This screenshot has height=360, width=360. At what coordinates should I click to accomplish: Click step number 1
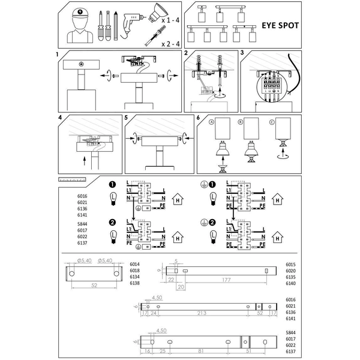pyautogui.click(x=57, y=54)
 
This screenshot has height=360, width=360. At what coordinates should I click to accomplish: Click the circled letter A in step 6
pyautogui.click(x=211, y=122)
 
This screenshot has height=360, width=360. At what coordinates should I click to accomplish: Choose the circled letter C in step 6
pyautogui.click(x=272, y=122)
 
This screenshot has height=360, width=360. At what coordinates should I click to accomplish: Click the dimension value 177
pyautogui.click(x=225, y=280)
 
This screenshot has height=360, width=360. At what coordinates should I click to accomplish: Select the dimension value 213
pyautogui.click(x=201, y=313)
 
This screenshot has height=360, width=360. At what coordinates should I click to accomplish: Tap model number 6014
pyautogui.click(x=134, y=264)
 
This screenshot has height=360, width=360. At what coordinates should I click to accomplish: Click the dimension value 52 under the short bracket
pyautogui.click(x=94, y=286)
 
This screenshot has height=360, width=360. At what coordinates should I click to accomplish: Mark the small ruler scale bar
pyautogui.click(x=73, y=179)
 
